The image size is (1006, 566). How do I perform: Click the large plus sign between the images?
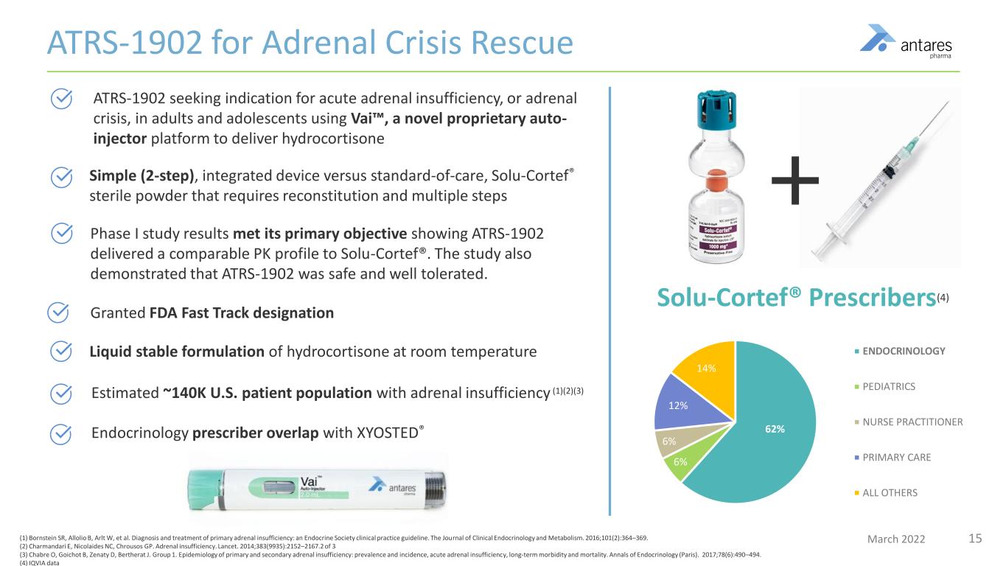click(x=795, y=181)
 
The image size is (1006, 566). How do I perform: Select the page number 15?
click(x=975, y=538)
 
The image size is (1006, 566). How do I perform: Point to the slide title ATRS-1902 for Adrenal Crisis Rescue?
click(x=310, y=43)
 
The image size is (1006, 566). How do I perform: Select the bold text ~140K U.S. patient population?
click(x=266, y=392)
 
